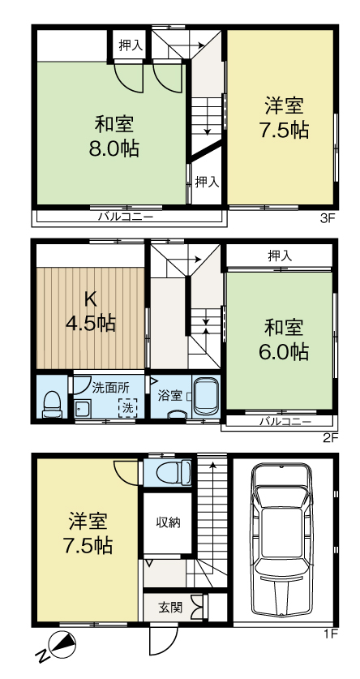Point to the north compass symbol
(60, 646)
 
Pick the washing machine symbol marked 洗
(126, 408)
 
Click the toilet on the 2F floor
(52, 403)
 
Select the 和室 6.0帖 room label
(284, 339)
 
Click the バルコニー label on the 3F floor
(126, 217)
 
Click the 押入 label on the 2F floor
(280, 256)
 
